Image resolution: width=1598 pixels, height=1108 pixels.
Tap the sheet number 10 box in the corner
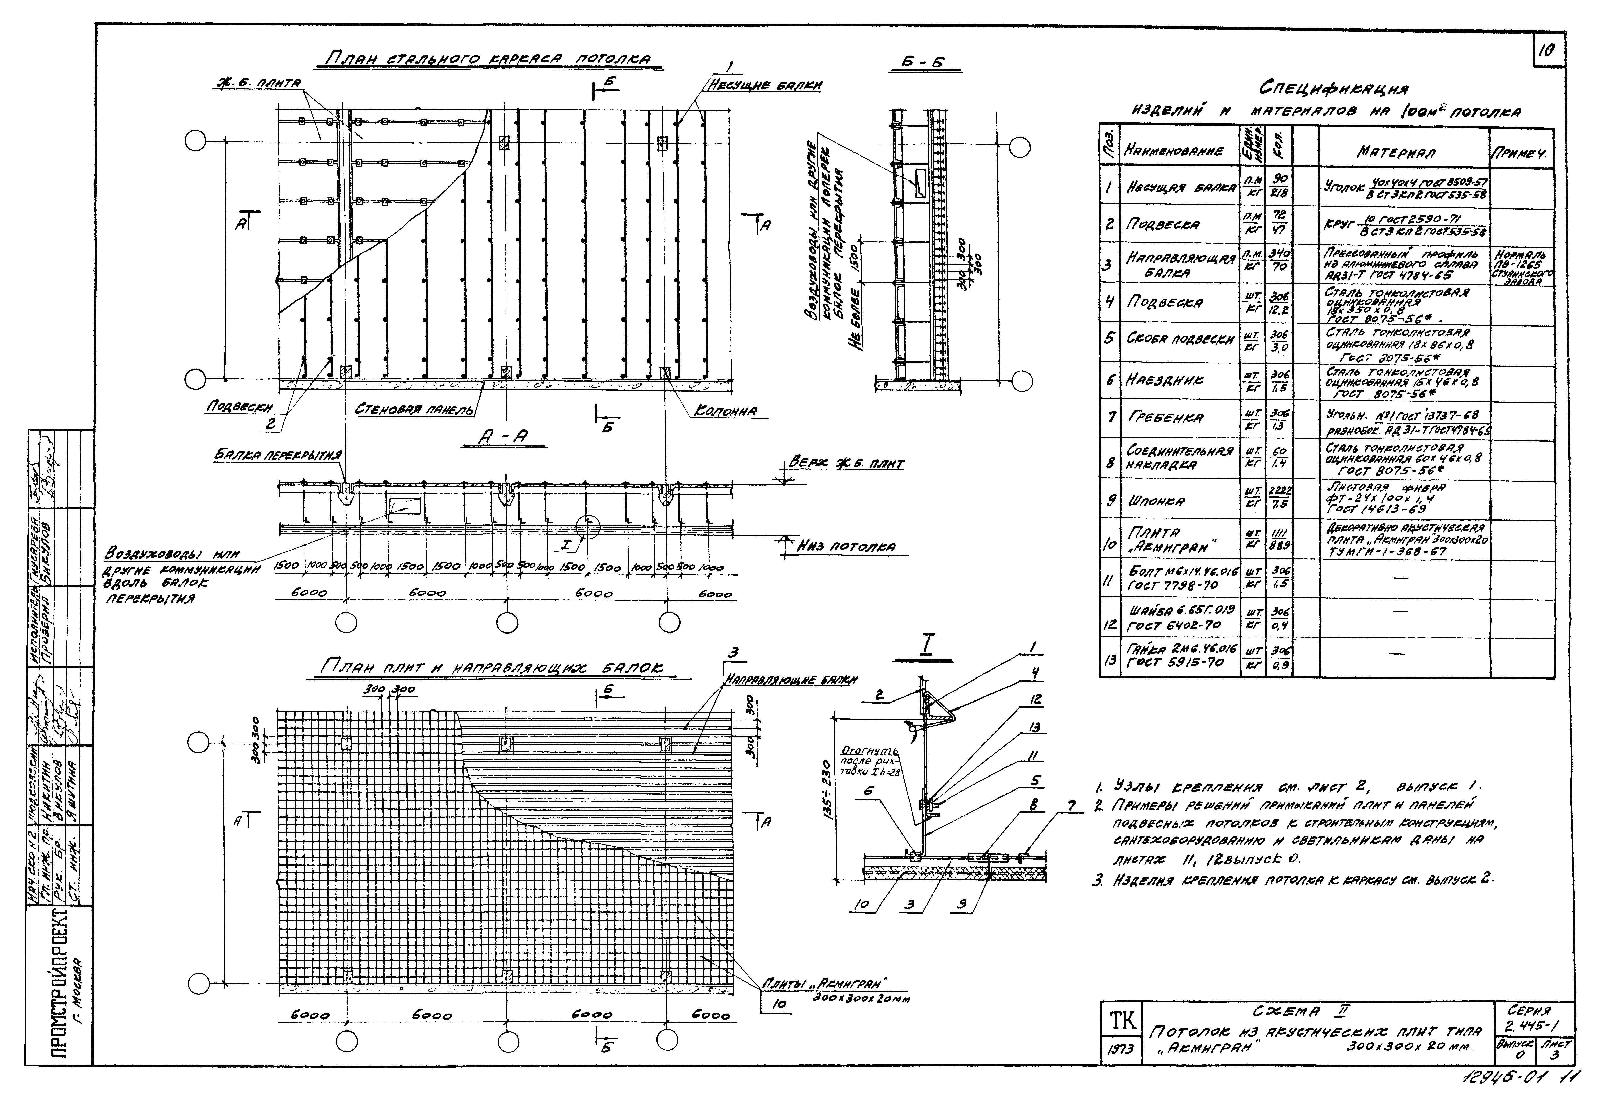click(1549, 50)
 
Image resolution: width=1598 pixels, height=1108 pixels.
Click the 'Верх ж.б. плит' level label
click(847, 464)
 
